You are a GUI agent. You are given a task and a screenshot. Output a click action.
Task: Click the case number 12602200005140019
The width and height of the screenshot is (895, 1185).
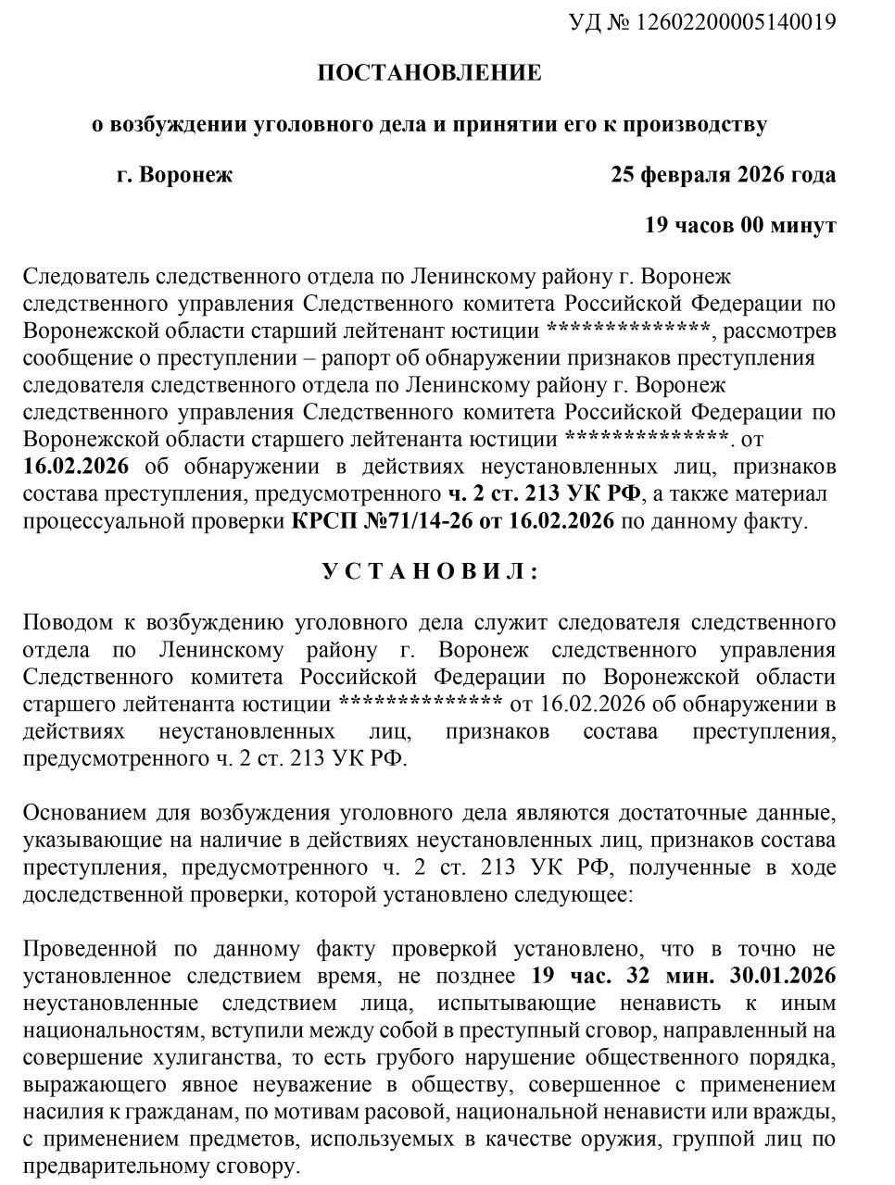click(x=736, y=22)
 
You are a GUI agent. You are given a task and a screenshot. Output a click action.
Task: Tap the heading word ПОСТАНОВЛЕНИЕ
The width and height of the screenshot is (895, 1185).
click(x=429, y=74)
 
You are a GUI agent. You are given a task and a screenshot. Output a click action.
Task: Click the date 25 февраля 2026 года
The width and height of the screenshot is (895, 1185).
click(x=723, y=175)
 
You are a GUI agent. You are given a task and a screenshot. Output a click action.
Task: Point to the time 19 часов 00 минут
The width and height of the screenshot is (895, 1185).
click(x=740, y=225)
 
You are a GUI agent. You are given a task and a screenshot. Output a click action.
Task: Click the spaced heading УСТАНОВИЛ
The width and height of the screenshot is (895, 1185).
click(x=430, y=571)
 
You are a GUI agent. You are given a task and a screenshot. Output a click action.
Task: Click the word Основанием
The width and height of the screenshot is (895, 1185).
click(x=82, y=814)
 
